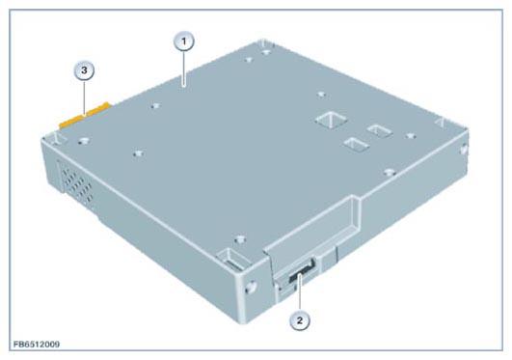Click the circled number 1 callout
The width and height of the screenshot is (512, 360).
184,42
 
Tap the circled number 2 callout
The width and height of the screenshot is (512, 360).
300,320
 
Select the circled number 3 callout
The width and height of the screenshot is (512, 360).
84,70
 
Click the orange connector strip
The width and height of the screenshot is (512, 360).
85,116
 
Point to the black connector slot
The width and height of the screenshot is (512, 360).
302,270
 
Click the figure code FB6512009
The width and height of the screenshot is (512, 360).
37,345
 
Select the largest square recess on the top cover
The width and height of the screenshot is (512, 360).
331,120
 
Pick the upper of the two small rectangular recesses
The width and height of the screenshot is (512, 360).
379,131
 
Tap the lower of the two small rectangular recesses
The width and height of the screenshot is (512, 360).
356,144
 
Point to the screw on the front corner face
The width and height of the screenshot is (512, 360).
251,287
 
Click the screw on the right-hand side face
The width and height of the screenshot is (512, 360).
464,150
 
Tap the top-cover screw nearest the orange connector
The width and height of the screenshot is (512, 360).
84,141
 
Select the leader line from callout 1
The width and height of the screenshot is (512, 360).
184,69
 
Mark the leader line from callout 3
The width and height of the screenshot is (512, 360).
85,97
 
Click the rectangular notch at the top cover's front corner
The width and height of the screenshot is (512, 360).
232,259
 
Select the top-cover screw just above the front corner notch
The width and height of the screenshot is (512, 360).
240,239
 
